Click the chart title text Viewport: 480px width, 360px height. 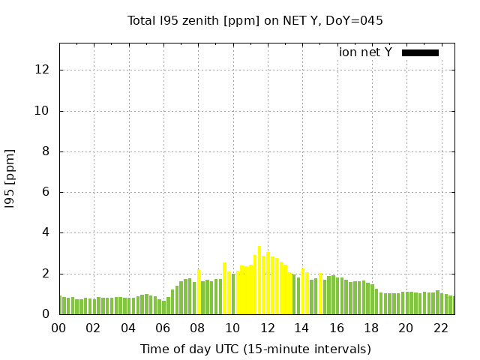[x=255, y=20]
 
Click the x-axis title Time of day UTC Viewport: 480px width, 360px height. [x=255, y=349]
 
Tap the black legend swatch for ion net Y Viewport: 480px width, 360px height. [x=420, y=52]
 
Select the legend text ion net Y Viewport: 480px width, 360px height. [x=365, y=52]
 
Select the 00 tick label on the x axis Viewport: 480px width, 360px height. [x=59, y=328]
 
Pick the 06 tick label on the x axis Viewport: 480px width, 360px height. [x=163, y=328]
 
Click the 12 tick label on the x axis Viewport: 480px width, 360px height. [x=268, y=328]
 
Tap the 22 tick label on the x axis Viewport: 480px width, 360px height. [x=441, y=328]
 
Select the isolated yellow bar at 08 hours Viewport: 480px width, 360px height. [x=199, y=292]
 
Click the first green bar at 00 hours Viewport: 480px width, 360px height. [x=60, y=305]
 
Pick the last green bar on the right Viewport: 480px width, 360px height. [x=451, y=305]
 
